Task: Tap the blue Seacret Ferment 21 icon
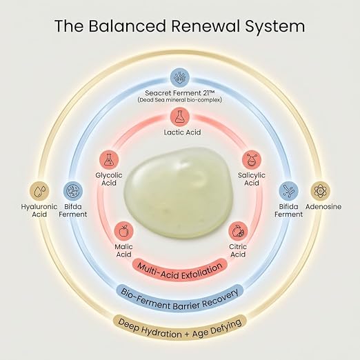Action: pos(180,77)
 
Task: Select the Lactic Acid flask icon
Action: pos(180,117)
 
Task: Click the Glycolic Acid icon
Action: pos(109,160)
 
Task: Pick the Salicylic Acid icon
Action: pos(252,160)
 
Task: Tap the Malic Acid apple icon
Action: pos(123,231)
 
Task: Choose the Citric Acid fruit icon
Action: pos(238,231)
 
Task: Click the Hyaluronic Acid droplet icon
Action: pos(39,191)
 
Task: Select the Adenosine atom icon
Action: pos(320,191)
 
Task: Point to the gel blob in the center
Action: pos(179,192)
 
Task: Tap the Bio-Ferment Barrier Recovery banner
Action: pos(179,298)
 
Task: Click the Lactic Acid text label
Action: pos(182,132)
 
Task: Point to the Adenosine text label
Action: pos(323,207)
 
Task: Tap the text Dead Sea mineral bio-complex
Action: pos(180,100)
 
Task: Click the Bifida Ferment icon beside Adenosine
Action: pos(288,191)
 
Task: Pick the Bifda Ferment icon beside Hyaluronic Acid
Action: pos(73,191)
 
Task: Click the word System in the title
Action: pos(274,26)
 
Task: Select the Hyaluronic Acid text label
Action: pos(39,210)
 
